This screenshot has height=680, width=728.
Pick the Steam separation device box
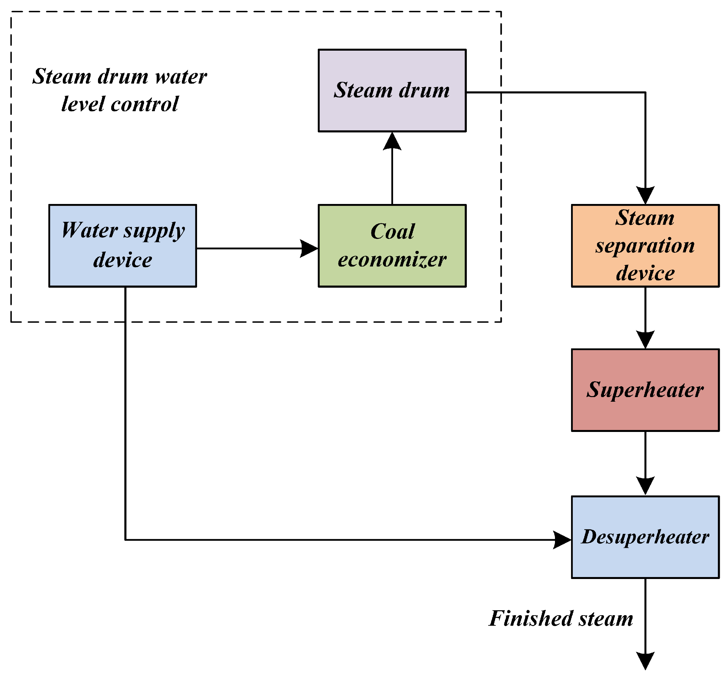point(645,245)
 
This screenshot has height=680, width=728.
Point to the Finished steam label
point(561,618)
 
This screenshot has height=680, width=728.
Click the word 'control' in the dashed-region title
point(145,104)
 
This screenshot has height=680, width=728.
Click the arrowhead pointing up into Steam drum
point(392,142)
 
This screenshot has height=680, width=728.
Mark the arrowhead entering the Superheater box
point(645,340)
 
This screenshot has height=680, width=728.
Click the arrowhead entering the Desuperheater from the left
point(562,540)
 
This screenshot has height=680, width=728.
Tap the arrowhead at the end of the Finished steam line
point(645,661)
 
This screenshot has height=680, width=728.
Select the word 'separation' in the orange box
point(645,246)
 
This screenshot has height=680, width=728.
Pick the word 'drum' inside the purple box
point(424,90)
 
